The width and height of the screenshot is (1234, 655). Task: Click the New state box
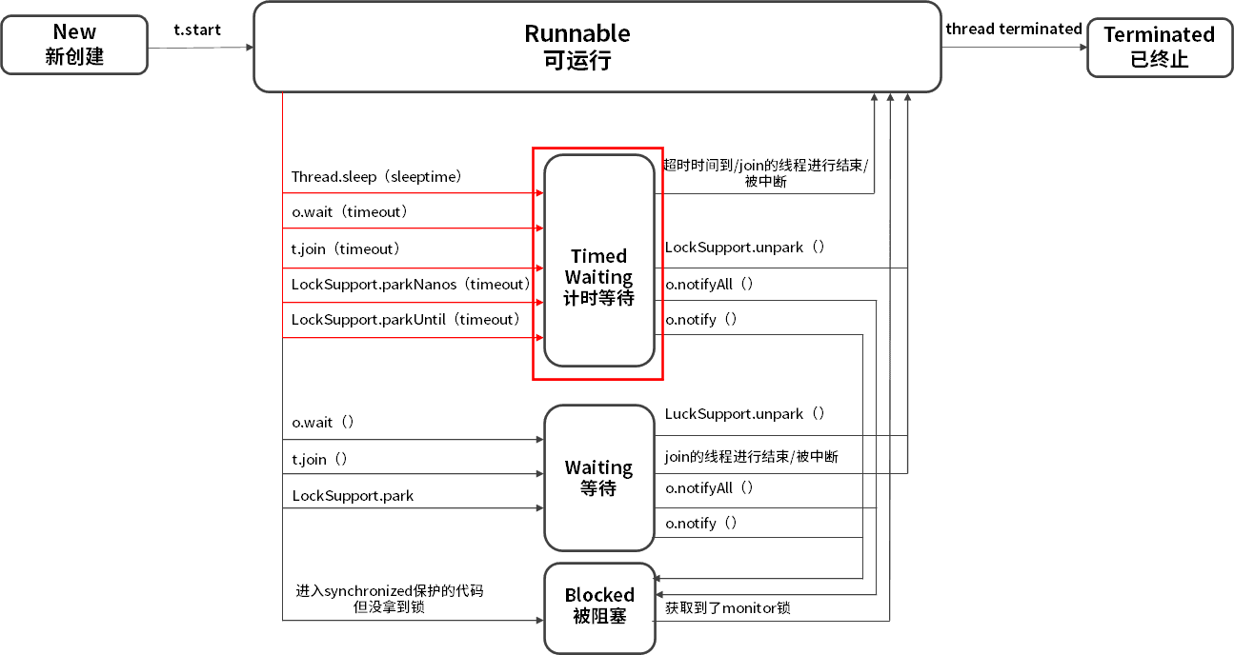[x=74, y=45]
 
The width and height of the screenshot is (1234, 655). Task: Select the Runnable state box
[x=597, y=47]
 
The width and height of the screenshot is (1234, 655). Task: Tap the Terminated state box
[x=1159, y=47]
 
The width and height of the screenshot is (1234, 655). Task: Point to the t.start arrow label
[x=197, y=30]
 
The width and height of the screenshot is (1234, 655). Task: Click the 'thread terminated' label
[x=1013, y=29]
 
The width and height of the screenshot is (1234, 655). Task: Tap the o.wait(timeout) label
[x=349, y=211]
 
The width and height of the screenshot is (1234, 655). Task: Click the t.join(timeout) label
[x=345, y=248]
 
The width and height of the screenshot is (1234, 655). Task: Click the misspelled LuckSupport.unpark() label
[x=744, y=414]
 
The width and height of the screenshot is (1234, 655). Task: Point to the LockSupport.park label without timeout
[x=353, y=495]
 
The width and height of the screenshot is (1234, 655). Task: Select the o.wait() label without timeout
[x=323, y=422]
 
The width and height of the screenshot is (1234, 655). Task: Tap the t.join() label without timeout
[x=319, y=459]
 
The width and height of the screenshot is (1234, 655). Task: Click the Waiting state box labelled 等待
[x=598, y=478]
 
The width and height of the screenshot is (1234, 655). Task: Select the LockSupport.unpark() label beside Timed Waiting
[x=744, y=248]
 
